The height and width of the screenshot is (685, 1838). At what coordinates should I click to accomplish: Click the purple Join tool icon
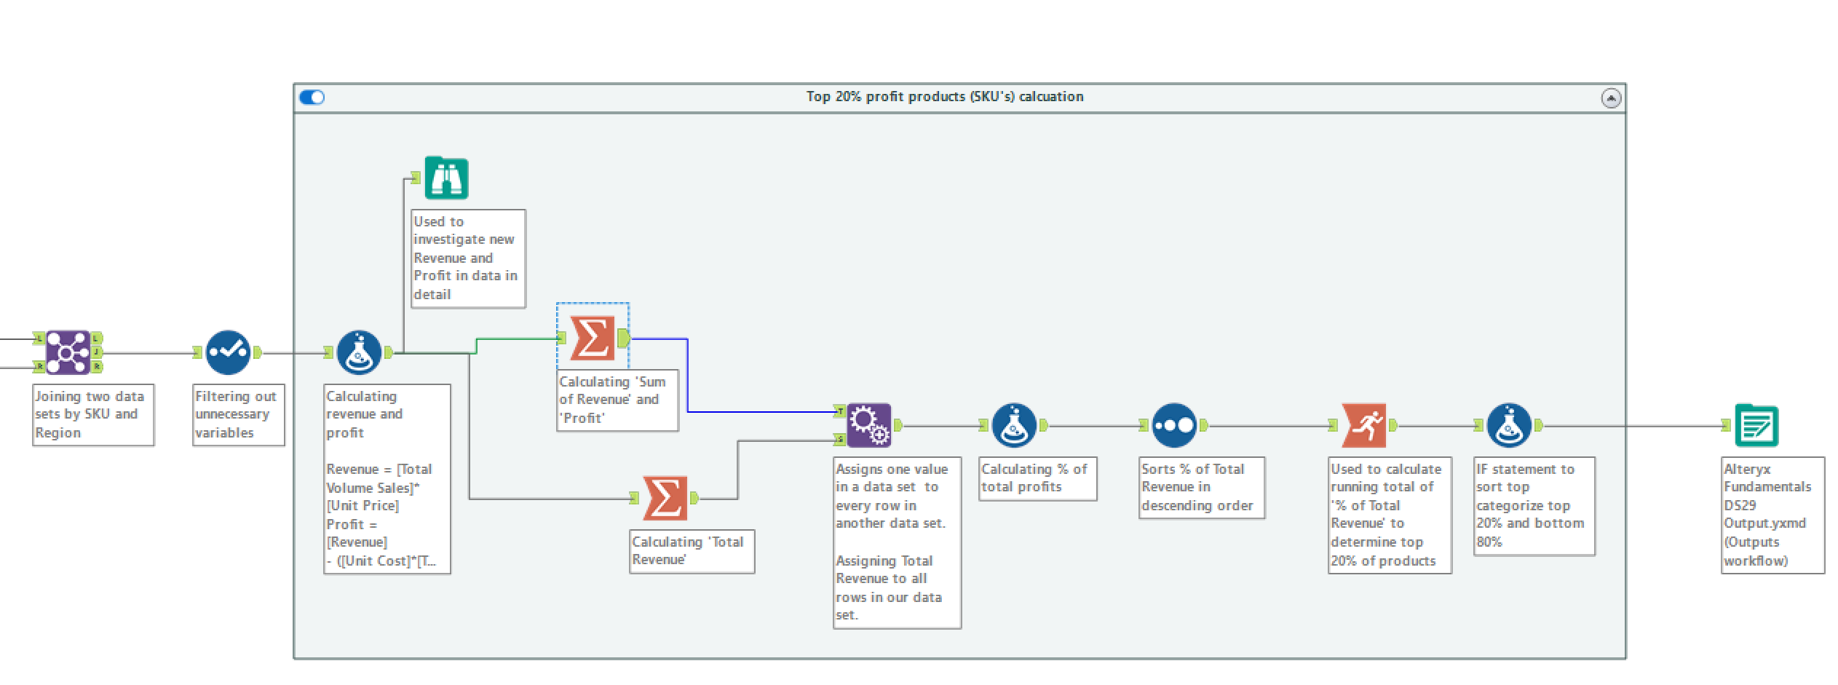tap(68, 352)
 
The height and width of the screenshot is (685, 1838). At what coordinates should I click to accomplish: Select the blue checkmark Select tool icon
tap(228, 352)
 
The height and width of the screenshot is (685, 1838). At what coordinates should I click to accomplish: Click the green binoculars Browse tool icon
tap(446, 178)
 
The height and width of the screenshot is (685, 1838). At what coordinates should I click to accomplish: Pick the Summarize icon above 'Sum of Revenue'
tap(593, 338)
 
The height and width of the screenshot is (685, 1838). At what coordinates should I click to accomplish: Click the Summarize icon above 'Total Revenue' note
tap(665, 498)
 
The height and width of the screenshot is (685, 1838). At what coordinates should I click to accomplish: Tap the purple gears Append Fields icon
tap(869, 425)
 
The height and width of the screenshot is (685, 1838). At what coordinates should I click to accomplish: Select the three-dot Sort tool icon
tap(1174, 425)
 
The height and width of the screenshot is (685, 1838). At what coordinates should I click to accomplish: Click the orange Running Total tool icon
tap(1364, 425)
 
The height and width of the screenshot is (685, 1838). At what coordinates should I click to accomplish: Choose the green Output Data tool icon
tap(1756, 425)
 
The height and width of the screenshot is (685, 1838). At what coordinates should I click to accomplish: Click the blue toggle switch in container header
tap(312, 97)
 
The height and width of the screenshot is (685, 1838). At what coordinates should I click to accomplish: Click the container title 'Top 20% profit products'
tap(945, 97)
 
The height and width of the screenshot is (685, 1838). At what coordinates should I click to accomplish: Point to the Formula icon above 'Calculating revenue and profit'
tap(359, 352)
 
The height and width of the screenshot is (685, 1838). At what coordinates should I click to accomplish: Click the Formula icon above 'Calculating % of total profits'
tap(1014, 425)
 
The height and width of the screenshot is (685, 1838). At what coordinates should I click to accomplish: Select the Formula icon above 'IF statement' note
tap(1509, 425)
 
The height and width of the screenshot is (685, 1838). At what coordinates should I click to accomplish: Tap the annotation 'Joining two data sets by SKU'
tap(93, 415)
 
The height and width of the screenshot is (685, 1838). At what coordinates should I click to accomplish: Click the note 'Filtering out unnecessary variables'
tap(238, 415)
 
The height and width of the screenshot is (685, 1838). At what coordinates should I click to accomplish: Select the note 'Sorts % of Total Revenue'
tap(1202, 488)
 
